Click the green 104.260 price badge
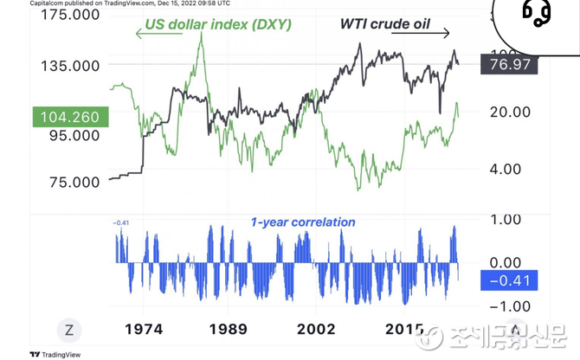(x=68, y=117)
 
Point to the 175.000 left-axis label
(x=68, y=16)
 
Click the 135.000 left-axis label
(x=68, y=66)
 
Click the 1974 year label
(x=145, y=330)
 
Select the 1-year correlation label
(x=303, y=222)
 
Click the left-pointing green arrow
(x=152, y=34)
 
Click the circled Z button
(x=68, y=330)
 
